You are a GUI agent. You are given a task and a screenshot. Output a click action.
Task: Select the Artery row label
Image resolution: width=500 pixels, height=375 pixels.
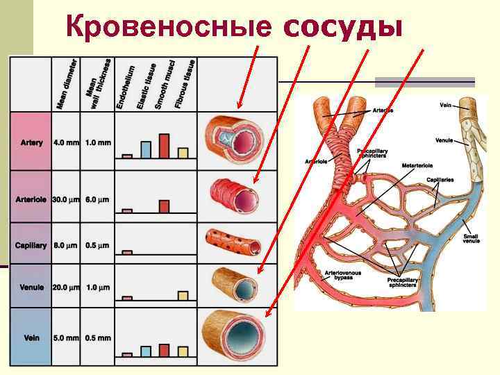coord(31,142)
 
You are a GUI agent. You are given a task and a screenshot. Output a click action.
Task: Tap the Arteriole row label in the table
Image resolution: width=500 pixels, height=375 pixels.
coord(31,199)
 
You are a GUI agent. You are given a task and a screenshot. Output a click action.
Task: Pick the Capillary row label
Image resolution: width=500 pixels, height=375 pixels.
coord(31,246)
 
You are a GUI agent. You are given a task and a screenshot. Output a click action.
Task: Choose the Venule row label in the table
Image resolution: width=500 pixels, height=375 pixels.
coord(31,287)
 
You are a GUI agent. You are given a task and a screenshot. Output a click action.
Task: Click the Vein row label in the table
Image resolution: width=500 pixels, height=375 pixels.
coord(31,338)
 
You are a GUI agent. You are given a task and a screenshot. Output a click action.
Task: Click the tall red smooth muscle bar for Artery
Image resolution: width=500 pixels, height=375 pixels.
coord(165,146)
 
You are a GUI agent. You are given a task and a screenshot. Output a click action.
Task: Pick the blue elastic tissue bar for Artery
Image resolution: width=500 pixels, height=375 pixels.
coord(146,149)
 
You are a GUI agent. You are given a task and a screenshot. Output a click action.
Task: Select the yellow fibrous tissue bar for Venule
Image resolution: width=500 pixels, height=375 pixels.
coord(183,295)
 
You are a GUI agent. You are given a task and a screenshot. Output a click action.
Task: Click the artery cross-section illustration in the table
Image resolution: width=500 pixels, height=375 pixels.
coord(234,138)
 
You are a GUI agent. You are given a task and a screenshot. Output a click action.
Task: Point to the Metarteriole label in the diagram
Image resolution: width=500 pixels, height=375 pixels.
coord(419,166)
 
